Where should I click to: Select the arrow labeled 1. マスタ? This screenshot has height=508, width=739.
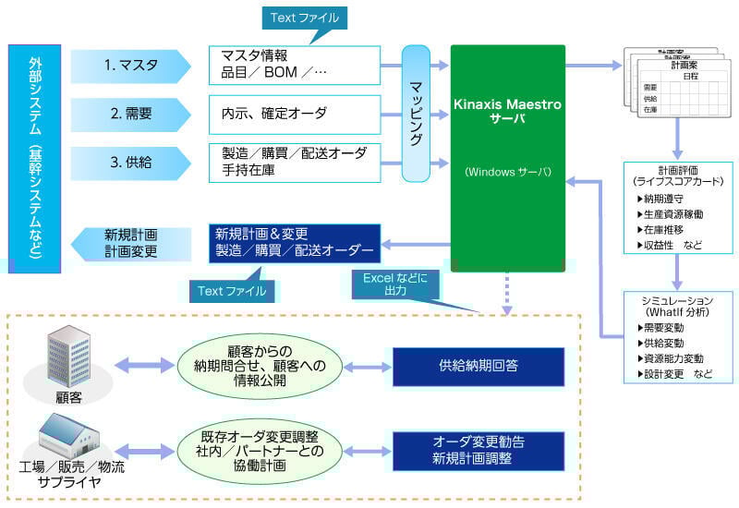tap(130, 66)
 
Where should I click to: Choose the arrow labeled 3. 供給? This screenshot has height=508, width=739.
tap(130, 163)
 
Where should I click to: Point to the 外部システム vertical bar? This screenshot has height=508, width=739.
tap(34, 157)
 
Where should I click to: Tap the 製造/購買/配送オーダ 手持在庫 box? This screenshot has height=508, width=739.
tap(295, 162)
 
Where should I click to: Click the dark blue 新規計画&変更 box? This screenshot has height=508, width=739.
tap(295, 243)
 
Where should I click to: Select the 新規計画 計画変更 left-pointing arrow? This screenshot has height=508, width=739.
tap(129, 243)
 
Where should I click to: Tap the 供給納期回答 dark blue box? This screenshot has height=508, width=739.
tap(479, 366)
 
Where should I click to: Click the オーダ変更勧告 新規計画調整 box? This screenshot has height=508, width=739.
tap(479, 451)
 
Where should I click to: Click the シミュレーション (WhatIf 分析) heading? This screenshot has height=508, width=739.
tap(677, 307)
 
